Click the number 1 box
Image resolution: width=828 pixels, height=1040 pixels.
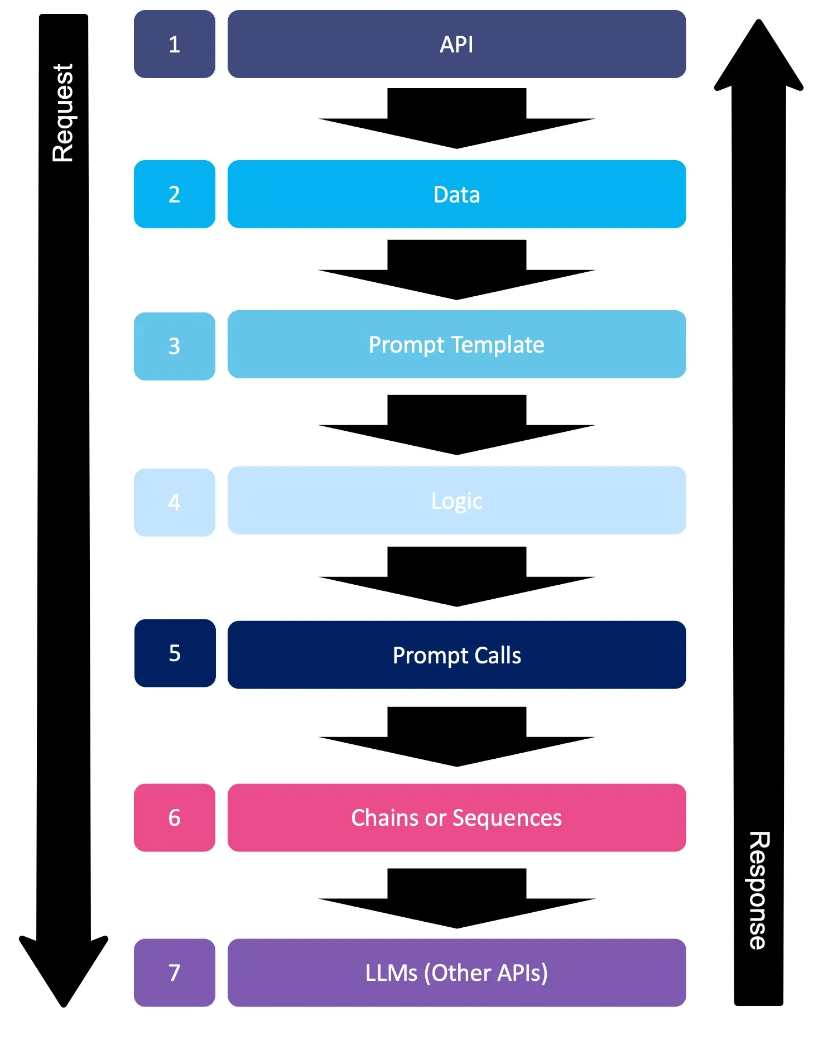[x=175, y=44]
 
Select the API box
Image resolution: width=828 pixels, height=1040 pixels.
[x=456, y=44]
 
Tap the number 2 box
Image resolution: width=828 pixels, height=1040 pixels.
[x=175, y=194]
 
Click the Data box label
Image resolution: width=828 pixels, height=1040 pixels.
[x=456, y=195]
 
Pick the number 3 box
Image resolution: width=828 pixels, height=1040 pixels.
[x=175, y=346]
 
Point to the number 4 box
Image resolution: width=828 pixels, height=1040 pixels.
[x=175, y=502]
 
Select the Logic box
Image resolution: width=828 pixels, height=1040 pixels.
[x=456, y=500]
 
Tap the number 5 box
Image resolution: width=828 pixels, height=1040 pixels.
[x=175, y=653]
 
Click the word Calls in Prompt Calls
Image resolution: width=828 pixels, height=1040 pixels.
[x=497, y=655]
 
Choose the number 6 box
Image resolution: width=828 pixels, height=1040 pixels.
[x=175, y=817]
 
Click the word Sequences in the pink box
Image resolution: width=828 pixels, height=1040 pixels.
[x=507, y=818]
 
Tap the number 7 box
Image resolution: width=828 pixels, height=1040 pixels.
[x=175, y=972]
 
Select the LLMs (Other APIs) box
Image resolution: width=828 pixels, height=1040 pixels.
[x=456, y=972]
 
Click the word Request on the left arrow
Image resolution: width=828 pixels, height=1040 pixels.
[x=63, y=113]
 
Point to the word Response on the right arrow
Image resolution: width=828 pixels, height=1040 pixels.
[x=759, y=890]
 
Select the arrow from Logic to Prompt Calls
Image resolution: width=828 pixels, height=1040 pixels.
[x=456, y=576]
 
